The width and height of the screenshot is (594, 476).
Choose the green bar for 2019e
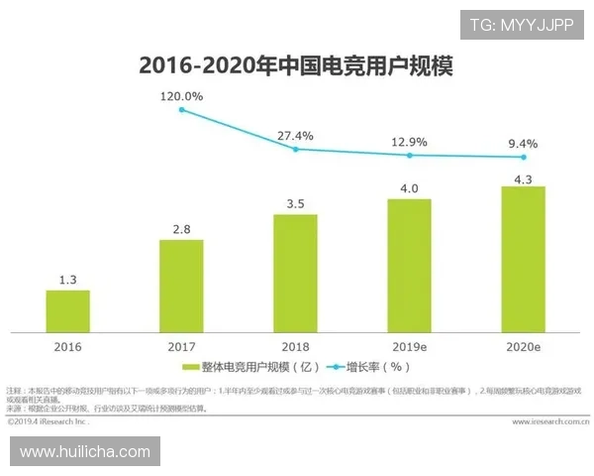click(x=409, y=266)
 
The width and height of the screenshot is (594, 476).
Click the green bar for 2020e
click(x=523, y=260)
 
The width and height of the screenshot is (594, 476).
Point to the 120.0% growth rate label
click(x=181, y=96)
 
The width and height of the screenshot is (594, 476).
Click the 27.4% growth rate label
click(x=295, y=135)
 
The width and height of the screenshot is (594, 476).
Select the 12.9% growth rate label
click(x=409, y=142)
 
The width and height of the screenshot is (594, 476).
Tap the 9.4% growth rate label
click(x=523, y=143)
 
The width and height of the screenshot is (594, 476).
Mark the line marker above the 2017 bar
click(x=181, y=109)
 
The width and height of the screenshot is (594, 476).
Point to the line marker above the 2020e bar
click(x=523, y=157)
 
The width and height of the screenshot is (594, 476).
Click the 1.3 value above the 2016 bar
click(x=67, y=280)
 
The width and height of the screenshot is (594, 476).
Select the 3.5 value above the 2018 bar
click(x=295, y=203)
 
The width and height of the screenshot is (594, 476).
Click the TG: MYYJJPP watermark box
click(x=521, y=24)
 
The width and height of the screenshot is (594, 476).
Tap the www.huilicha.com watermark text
click(x=85, y=451)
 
